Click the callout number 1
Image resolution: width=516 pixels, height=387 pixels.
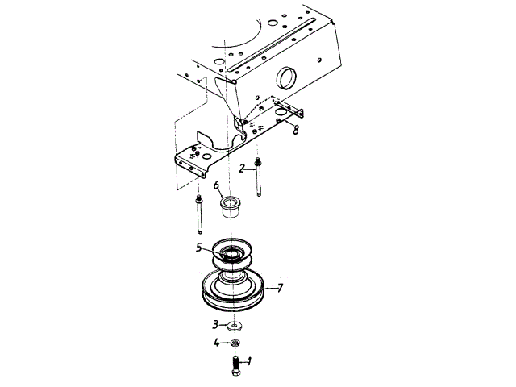click(x=250, y=361)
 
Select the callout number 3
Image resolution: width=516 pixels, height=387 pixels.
click(x=215, y=325)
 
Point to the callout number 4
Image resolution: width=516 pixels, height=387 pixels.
click(x=215, y=343)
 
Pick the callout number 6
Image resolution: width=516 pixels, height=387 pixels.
click(x=217, y=185)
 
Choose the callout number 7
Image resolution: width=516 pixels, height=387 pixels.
click(x=280, y=287)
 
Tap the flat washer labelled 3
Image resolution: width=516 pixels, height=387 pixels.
click(x=235, y=326)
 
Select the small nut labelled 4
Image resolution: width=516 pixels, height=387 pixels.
click(x=235, y=343)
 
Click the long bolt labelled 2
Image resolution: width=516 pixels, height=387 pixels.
click(x=257, y=179)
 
